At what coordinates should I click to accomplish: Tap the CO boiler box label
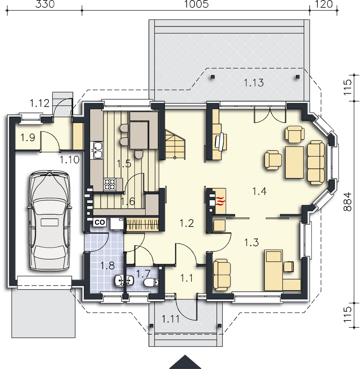coord(100,222)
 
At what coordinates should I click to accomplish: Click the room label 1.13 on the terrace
coord(254,83)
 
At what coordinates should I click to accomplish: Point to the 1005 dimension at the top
coord(196,4)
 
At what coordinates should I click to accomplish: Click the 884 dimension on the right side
coord(347,202)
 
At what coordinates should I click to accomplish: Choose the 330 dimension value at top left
coord(45,4)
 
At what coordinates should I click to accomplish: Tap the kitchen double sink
coord(97,150)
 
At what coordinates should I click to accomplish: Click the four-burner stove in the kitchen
coord(110,184)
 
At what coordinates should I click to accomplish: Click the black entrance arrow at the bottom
coord(185,362)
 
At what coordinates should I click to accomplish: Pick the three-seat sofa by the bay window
coord(316,162)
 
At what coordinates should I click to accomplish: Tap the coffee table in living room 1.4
coord(294,162)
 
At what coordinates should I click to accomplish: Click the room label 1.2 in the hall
coord(187,223)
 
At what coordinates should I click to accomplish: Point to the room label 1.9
coord(28,137)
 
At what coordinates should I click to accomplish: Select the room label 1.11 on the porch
coord(170,319)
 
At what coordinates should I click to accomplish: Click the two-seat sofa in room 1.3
coord(221,275)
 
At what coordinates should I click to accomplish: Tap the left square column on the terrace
coord(213,77)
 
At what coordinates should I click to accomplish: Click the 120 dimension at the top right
coord(324,4)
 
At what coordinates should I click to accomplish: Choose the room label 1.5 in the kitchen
coord(124,164)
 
